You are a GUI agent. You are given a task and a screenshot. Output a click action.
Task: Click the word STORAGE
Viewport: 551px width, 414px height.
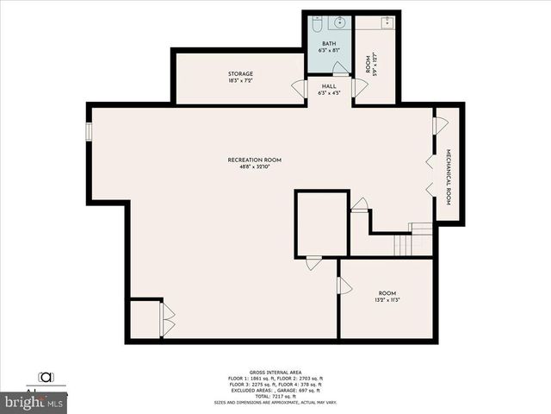(x=240, y=74)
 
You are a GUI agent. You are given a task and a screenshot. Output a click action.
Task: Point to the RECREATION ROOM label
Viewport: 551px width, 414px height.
(x=254, y=160)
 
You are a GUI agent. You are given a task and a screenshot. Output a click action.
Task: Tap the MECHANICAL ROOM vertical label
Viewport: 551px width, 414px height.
(x=449, y=176)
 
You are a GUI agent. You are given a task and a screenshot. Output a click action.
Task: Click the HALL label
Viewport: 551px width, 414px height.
(x=329, y=86)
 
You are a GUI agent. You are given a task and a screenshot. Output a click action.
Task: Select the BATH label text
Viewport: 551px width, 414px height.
(x=329, y=43)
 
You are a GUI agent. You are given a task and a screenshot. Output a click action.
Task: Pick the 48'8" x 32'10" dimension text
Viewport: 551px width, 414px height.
(x=254, y=166)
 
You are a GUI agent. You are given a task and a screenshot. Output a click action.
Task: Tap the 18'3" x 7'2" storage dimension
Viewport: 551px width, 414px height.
(x=240, y=81)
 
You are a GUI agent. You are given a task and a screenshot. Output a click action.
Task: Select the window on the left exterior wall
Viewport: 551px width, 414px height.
(x=88, y=130)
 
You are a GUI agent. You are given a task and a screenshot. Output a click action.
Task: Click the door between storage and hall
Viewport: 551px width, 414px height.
(x=300, y=88)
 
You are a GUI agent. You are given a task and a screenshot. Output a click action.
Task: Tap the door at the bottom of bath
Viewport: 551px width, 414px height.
(x=341, y=70)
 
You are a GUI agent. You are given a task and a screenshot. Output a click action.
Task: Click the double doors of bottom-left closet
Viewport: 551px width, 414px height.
(x=167, y=319)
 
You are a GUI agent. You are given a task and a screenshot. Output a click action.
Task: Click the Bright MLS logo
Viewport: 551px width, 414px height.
(x=34, y=402)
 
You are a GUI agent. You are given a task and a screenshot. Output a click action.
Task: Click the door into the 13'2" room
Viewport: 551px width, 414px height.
(x=344, y=285)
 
